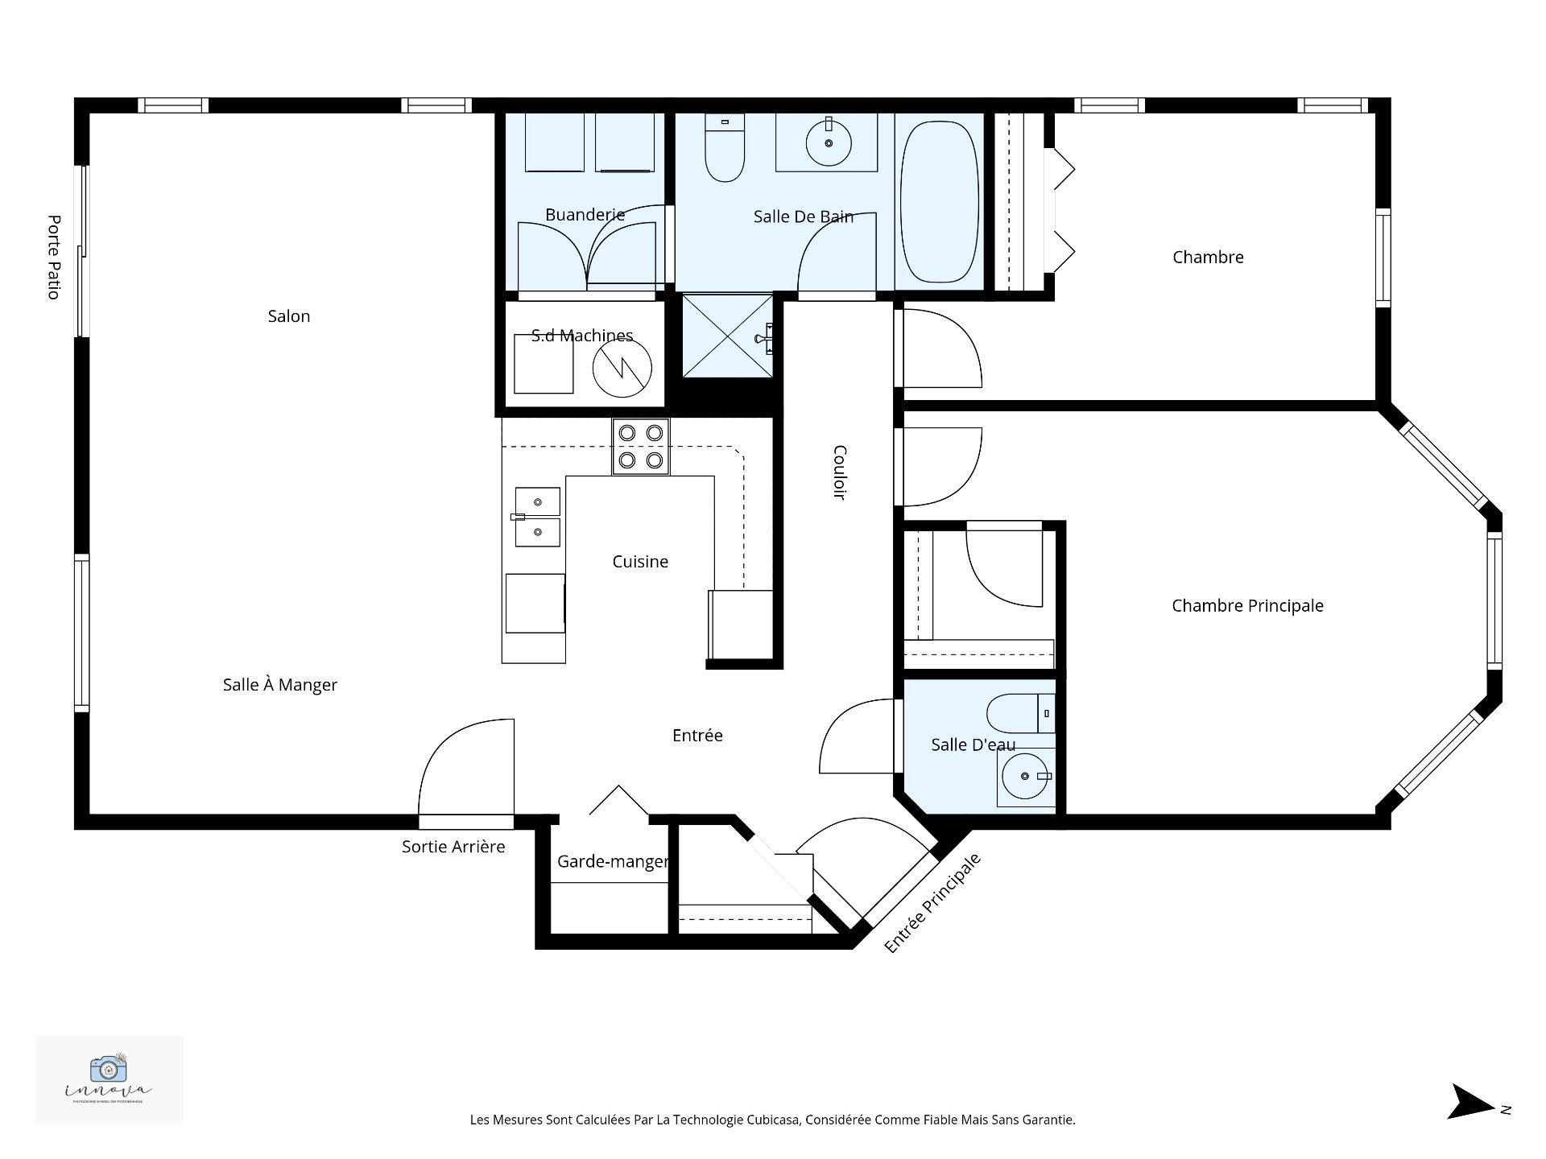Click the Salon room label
[x=288, y=316]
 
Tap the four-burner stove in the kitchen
[x=640, y=447]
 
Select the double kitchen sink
[x=537, y=517]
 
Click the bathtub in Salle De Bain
[x=939, y=201]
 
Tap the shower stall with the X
[x=727, y=336]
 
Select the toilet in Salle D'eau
[x=1019, y=714]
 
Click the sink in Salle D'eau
[x=1025, y=777]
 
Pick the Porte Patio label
[x=54, y=257]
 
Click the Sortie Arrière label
[x=453, y=847]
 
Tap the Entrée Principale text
[x=932, y=903]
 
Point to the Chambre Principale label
[x=1246, y=606]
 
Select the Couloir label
[x=839, y=472]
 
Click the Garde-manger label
[x=612, y=862]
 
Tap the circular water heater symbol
[x=622, y=368]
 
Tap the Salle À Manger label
[x=279, y=685]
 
